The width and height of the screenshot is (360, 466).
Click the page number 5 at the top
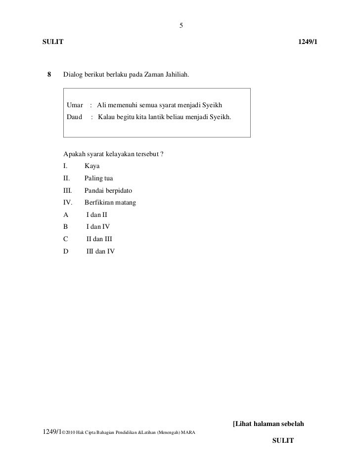coord(181,26)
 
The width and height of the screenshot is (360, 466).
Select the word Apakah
coord(74,155)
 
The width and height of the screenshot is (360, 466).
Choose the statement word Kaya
coord(92,167)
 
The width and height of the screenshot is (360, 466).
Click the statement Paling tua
coord(99,179)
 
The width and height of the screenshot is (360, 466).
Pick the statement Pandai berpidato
coord(108,191)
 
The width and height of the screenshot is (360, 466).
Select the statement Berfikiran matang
coord(110,203)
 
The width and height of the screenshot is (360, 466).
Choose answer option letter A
coord(66,215)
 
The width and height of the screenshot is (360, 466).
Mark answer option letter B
coord(66,227)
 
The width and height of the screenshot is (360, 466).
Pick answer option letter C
coord(66,239)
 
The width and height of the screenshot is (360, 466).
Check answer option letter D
coord(66,251)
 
